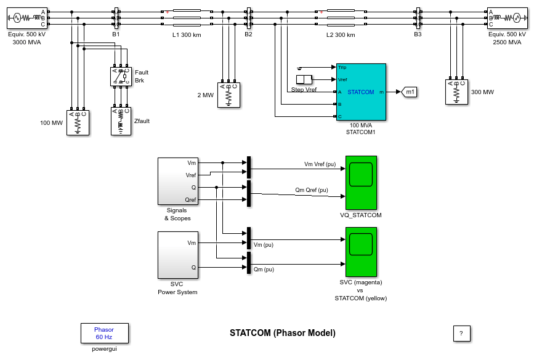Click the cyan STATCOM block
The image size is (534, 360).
[x=361, y=92]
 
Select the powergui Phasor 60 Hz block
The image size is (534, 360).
[x=103, y=334]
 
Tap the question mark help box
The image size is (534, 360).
[x=462, y=334]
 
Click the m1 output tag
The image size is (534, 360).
[x=410, y=92]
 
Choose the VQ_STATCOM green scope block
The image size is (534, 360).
[x=361, y=182]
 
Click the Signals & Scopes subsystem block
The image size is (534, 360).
[x=177, y=181]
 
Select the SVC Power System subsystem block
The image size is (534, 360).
[x=177, y=255]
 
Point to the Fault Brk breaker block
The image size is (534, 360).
[x=120, y=76]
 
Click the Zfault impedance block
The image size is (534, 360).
[x=121, y=121]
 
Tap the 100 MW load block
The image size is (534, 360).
[x=78, y=122]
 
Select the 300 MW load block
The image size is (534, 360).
[x=456, y=92]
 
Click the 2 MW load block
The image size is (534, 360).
[x=229, y=95]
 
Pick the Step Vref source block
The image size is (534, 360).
[x=304, y=79]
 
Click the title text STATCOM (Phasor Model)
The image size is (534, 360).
[x=283, y=333]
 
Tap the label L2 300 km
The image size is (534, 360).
[x=341, y=34]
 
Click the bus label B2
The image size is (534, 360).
[x=248, y=34]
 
